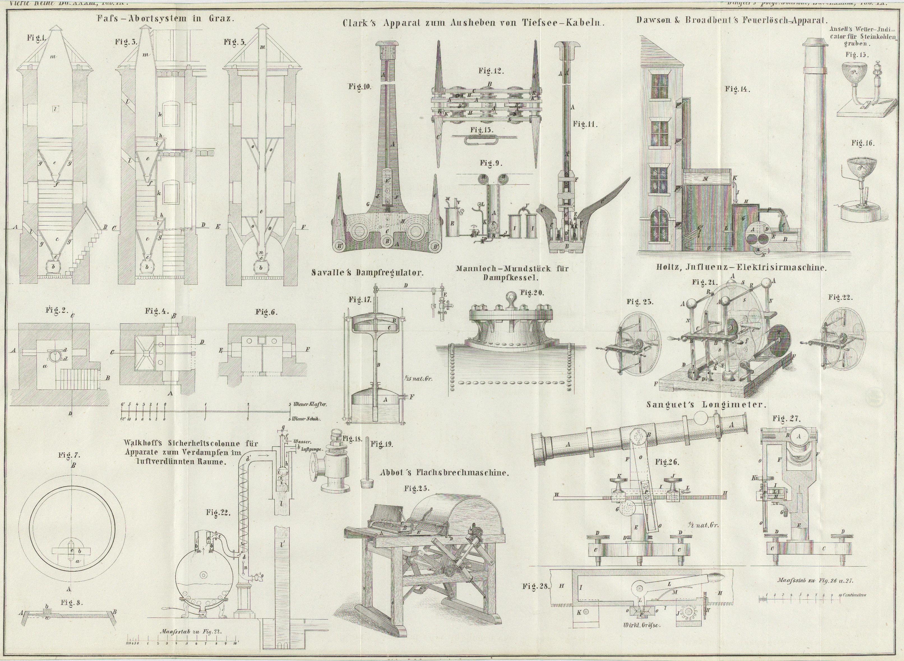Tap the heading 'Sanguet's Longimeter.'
click(x=706, y=405)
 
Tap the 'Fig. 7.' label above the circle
click(x=69, y=455)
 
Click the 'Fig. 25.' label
click(x=417, y=488)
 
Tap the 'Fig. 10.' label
click(x=359, y=87)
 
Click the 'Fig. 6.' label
click(x=266, y=312)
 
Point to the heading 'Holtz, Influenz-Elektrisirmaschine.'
click(x=741, y=268)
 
